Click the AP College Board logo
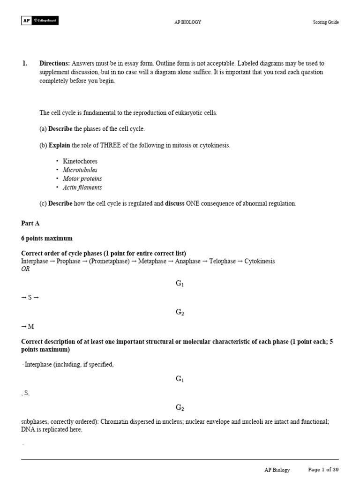[40, 21]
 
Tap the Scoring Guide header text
[326, 22]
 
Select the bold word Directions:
[55, 63]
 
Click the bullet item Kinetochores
[80, 161]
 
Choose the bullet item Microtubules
[80, 170]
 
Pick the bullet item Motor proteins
[82, 179]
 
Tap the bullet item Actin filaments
[82, 187]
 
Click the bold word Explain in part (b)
[60, 145]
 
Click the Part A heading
[30, 224]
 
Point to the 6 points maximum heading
[47, 239]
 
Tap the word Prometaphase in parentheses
[108, 261]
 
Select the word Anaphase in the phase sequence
[187, 261]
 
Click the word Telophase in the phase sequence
[223, 261]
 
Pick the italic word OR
[25, 269]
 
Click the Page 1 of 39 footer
[323, 470]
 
